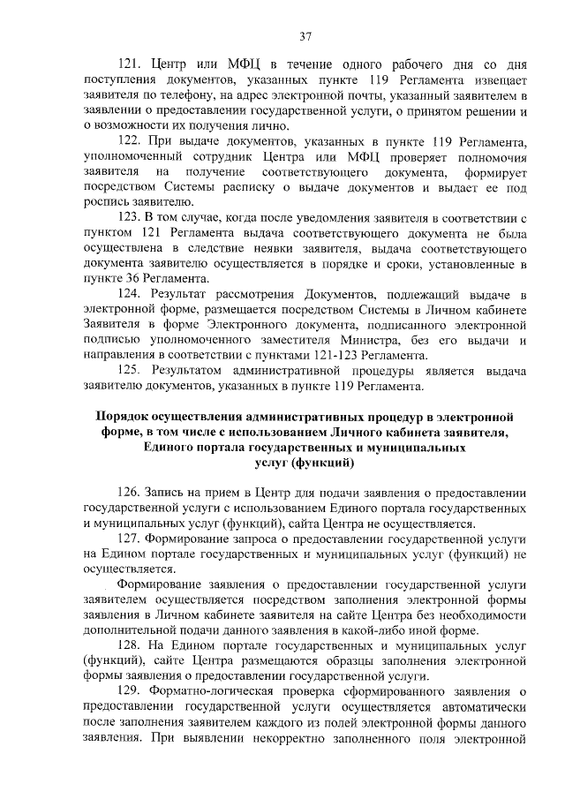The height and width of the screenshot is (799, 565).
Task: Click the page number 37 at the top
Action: point(305,36)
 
